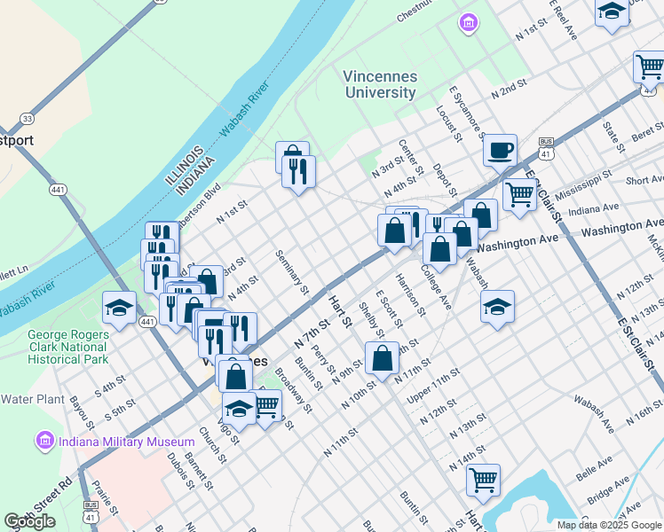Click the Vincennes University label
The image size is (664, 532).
click(380, 84)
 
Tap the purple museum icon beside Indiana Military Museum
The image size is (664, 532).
click(43, 441)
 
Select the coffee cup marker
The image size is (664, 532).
click(501, 149)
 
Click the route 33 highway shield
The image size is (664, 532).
click(28, 118)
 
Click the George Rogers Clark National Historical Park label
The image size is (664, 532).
click(55, 348)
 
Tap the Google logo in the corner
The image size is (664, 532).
click(30, 521)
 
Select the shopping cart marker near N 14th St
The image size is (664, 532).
click(483, 480)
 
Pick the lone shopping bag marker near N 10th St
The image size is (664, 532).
click(382, 359)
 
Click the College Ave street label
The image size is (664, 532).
click(437, 287)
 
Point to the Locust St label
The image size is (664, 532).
click(449, 122)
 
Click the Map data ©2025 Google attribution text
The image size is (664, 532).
click(609, 524)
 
